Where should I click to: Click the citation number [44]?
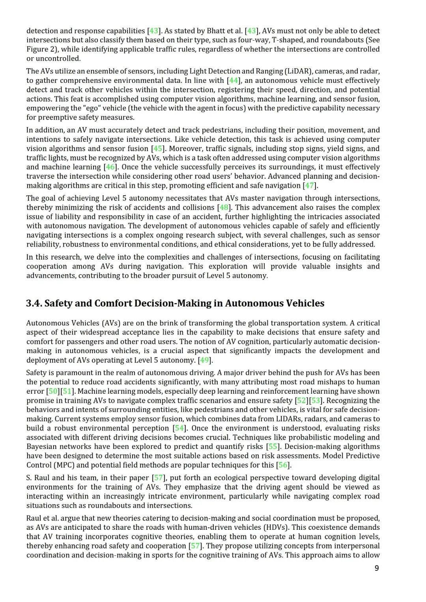[x=234, y=80]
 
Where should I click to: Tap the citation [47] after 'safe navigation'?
[x=310, y=185]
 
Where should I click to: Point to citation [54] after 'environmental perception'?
[x=179, y=428]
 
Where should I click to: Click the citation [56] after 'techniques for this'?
[x=283, y=465]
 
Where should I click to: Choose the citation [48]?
[x=224, y=208]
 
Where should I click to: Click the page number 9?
[x=377, y=568]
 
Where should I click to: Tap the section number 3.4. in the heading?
[x=34, y=303]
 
